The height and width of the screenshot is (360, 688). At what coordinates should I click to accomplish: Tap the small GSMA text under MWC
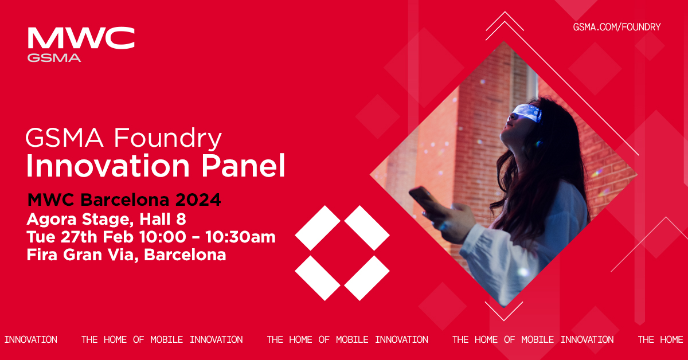pyautogui.click(x=54, y=57)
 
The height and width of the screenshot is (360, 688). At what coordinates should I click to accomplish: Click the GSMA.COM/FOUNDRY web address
pyautogui.click(x=617, y=27)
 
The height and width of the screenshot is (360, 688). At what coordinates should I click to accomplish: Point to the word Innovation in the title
pyautogui.click(x=108, y=166)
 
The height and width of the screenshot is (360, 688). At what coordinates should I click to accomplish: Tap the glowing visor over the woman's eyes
pyautogui.click(x=525, y=112)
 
